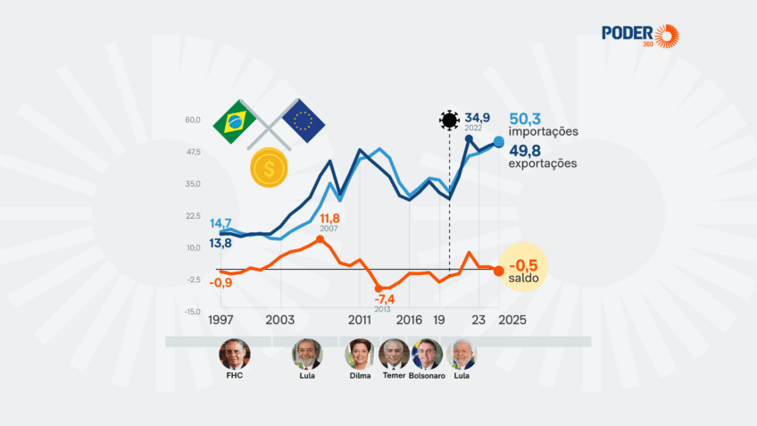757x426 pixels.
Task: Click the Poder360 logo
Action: (x=640, y=36)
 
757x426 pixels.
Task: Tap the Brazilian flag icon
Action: (x=235, y=122)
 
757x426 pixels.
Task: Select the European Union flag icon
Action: (x=304, y=121)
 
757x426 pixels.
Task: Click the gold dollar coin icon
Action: (x=269, y=168)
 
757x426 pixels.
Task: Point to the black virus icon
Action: (x=449, y=120)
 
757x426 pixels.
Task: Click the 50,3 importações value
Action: (x=543, y=124)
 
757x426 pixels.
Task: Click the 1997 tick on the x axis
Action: (x=223, y=320)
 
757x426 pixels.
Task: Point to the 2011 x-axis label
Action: (x=360, y=320)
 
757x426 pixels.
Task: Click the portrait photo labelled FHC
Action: (x=235, y=354)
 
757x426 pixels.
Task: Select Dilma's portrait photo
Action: (x=360, y=354)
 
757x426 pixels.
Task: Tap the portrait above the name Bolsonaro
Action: (x=427, y=354)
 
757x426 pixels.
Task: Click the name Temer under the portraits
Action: (x=393, y=376)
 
